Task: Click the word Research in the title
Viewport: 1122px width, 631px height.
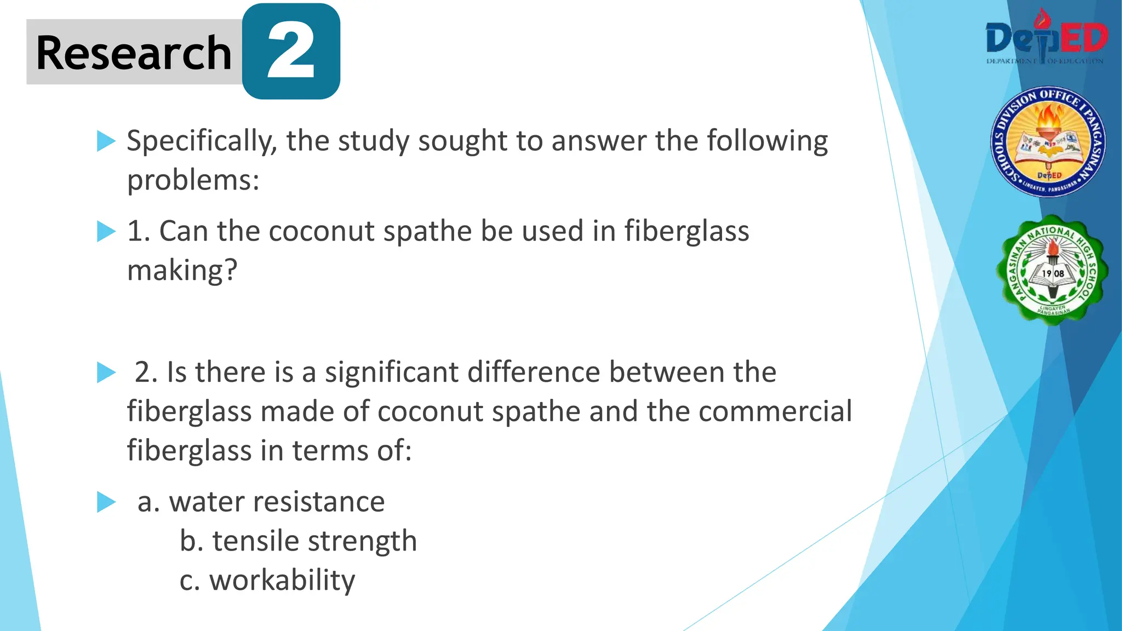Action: point(134,53)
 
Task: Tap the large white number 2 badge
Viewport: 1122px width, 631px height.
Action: point(291,53)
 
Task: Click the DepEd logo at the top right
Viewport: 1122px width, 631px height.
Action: point(1046,38)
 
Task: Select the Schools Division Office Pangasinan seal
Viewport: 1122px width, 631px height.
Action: point(1048,142)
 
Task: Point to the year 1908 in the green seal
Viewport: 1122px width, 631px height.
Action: point(1053,273)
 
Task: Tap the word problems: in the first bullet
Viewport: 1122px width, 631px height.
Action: point(193,180)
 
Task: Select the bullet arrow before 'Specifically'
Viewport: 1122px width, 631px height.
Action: point(106,141)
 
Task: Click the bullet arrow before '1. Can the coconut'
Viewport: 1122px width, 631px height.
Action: point(106,231)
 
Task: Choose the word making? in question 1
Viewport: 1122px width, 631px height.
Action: point(182,271)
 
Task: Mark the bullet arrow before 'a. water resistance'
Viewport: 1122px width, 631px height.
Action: point(106,502)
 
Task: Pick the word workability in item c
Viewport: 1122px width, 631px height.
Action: point(282,581)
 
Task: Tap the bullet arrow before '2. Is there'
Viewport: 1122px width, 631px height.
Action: point(106,372)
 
